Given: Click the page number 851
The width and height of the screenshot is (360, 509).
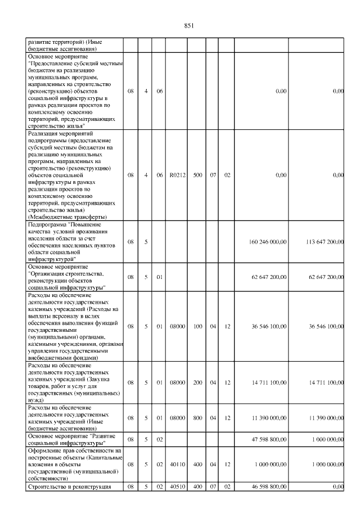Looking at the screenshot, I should coord(188,25).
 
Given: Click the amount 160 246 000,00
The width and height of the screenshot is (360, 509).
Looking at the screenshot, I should coord(268,242).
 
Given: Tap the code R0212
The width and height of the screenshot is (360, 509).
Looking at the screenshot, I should coord(177,175).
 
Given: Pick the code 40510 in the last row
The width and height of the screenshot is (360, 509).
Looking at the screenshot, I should coord(177,487).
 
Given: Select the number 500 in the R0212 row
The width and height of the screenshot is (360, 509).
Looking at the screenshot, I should coord(196,175).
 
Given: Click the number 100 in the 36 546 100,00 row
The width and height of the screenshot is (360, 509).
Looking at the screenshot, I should coord(196,326).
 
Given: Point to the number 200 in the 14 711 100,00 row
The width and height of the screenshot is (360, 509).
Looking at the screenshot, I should coord(196,382).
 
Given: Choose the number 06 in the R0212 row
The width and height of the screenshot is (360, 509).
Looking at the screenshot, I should coord(159,175).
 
